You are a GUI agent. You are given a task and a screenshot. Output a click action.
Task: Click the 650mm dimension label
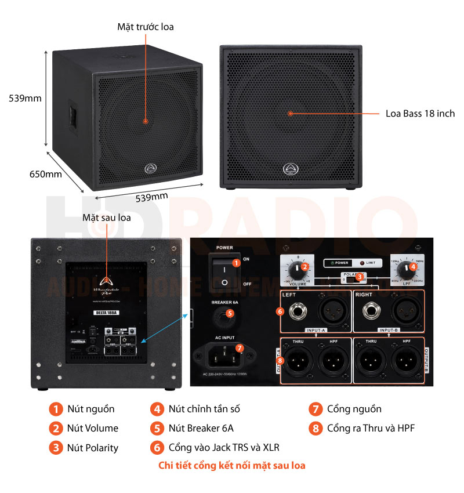46,173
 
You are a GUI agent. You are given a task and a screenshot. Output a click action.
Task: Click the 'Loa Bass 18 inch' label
420,114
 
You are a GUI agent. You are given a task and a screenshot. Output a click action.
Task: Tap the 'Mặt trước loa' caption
145,27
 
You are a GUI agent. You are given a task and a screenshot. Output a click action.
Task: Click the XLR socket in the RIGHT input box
404,313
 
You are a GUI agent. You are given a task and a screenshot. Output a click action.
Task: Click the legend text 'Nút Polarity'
93,448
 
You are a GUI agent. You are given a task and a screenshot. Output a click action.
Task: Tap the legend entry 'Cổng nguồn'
354,409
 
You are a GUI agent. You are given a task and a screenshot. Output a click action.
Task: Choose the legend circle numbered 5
157,429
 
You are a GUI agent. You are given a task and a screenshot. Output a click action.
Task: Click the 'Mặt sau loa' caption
106,217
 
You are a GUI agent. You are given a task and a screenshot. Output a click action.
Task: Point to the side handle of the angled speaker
72,114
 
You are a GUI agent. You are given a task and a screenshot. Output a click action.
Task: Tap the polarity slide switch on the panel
351,279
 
